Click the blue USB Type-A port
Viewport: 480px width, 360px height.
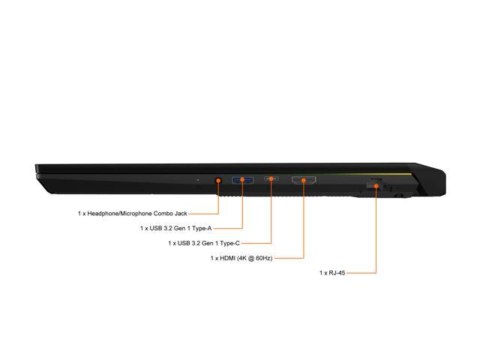242,180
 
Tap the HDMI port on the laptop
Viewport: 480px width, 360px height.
304,180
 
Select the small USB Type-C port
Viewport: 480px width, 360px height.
271,178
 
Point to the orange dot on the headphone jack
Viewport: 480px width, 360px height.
218,181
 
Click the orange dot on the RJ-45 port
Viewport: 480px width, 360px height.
376,185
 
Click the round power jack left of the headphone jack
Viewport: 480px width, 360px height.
198,180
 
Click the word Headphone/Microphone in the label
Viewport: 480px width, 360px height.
120,214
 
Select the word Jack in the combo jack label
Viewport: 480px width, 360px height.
180,213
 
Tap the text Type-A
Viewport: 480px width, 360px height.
202,228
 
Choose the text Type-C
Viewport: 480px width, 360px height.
230,243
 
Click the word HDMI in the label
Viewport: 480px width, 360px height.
227,258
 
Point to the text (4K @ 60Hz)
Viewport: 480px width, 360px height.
255,258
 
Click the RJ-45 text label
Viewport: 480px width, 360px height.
332,273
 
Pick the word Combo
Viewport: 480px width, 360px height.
163,213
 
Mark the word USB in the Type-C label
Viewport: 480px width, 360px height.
184,243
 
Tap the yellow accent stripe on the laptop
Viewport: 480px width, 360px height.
367,174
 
